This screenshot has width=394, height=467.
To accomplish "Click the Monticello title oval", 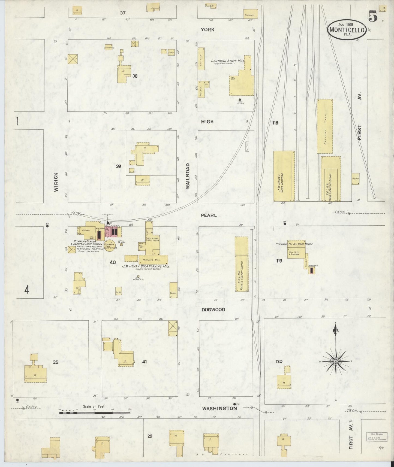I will coord(347,30).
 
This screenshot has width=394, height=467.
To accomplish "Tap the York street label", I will coord(207,30).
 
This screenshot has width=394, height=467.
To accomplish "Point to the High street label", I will coord(207,122).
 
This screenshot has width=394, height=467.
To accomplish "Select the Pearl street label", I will coord(209,216).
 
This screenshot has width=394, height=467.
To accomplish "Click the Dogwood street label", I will coord(213,310).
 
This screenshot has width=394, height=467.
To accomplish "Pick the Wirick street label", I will coord(56,182).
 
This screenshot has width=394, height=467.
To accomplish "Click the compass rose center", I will coord(336,361).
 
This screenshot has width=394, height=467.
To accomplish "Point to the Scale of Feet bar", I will coord(95,413).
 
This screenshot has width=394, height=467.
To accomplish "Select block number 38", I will coord(135,76).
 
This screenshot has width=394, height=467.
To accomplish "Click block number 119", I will coord(279,261).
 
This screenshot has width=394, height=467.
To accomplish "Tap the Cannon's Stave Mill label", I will coord(228,61).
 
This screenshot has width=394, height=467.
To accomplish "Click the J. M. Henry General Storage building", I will coord(284,176).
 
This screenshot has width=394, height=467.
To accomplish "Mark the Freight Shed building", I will coord(325,126).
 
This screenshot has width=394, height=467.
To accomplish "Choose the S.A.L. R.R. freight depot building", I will coord(242,264).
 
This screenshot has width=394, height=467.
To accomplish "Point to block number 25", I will coord(56,362).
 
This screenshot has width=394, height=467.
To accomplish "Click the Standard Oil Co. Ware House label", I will coord(294,244).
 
